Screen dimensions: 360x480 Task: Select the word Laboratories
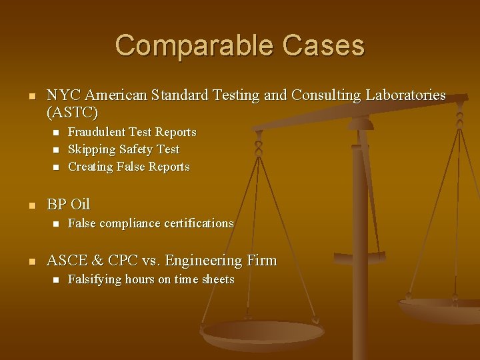click(x=405, y=95)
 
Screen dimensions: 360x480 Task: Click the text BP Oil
click(x=68, y=204)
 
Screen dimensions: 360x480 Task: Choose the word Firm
click(x=261, y=260)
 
